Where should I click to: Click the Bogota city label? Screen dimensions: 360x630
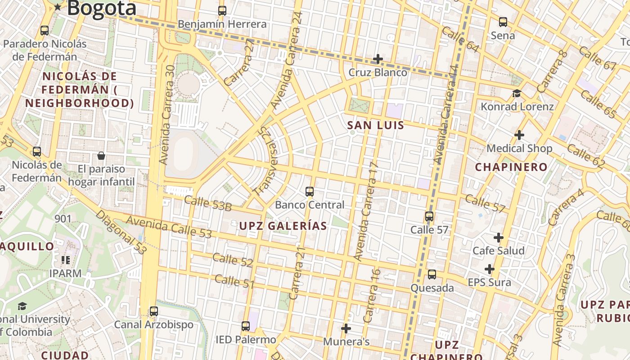[102, 8]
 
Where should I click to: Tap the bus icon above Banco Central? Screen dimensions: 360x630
[310, 192]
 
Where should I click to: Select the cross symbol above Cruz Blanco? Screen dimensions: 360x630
[378, 59]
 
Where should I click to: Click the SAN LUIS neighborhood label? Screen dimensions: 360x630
[376, 126]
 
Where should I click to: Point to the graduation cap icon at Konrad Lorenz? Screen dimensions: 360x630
[517, 93]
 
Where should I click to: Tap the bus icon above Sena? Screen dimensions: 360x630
[503, 22]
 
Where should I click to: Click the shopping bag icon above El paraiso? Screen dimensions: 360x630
[101, 156]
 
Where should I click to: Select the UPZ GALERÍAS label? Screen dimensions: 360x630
[283, 226]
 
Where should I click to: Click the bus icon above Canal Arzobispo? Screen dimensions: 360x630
[154, 311]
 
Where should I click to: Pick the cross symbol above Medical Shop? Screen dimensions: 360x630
[519, 135]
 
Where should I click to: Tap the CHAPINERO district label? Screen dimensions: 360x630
[511, 167]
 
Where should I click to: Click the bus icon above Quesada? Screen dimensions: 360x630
[432, 274]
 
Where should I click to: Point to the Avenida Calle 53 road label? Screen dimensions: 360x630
[169, 227]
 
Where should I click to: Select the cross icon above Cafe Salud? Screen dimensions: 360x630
[499, 237]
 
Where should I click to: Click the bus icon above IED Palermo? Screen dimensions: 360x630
[245, 326]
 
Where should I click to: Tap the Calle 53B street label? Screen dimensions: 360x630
[207, 203]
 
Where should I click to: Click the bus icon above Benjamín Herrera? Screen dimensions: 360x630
[222, 11]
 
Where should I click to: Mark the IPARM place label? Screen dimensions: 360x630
[66, 273]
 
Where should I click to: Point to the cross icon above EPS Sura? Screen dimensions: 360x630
[490, 269]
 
